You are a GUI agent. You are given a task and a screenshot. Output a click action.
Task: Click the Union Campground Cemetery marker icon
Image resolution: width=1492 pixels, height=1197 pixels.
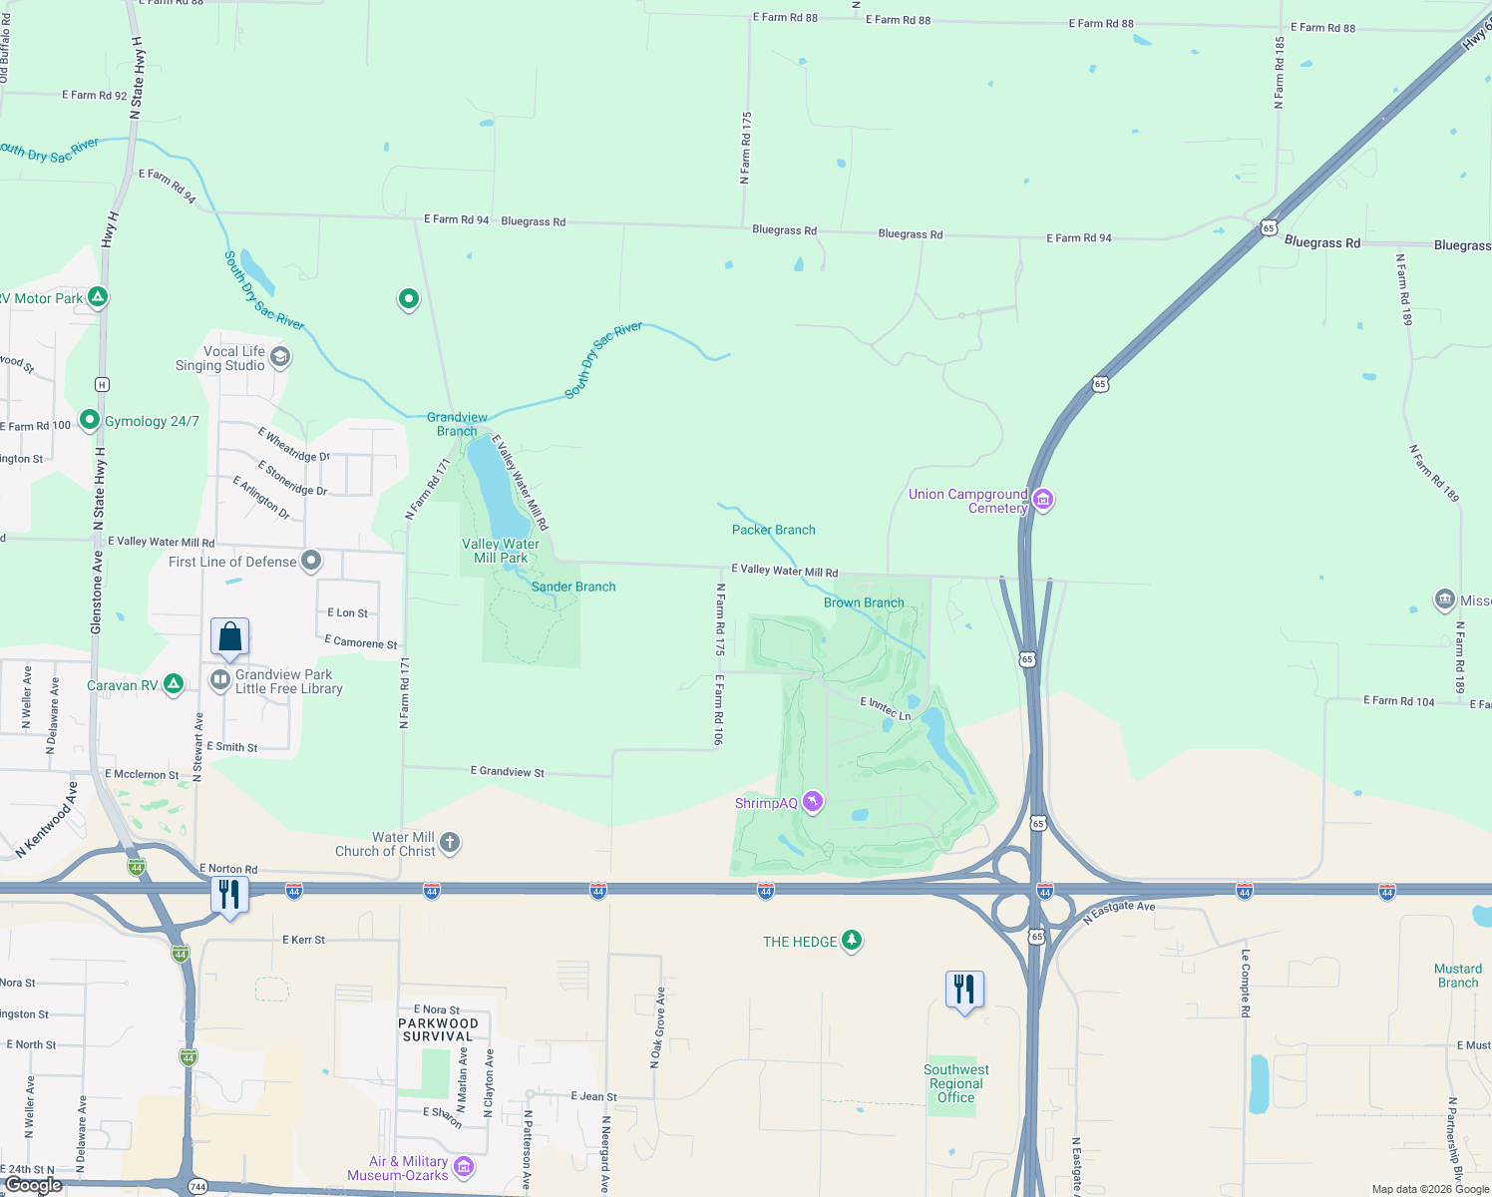point(1043,499)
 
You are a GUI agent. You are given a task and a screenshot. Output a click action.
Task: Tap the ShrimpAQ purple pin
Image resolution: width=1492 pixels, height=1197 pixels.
point(813,802)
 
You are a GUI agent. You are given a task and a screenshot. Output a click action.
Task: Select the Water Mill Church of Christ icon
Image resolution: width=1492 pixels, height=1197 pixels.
point(450,843)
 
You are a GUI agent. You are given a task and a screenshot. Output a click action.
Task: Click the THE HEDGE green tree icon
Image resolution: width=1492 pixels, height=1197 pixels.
point(851,940)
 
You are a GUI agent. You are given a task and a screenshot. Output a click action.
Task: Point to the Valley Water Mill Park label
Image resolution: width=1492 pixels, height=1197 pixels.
point(501,551)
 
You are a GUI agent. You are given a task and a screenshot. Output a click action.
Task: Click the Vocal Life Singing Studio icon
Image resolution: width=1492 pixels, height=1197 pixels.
point(280,357)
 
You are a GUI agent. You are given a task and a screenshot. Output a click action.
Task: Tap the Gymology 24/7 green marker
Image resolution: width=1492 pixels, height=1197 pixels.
point(90,420)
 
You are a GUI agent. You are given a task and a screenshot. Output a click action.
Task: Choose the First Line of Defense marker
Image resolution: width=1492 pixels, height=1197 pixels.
point(311,561)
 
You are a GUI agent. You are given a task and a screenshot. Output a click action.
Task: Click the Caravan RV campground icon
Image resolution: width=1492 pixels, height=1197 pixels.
point(174,684)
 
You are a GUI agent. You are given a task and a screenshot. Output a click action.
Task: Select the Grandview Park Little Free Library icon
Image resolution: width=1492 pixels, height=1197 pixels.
point(219,680)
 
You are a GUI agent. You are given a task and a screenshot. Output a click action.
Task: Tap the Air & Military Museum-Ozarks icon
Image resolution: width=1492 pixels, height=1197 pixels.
point(463,1167)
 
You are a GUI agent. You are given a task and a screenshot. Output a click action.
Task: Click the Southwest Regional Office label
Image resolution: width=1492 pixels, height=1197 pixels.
point(955,1083)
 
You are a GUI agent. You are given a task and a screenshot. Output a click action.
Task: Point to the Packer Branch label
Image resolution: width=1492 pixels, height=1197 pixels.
point(773,530)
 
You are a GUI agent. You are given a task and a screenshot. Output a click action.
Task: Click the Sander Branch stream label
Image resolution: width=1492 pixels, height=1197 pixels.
point(573,587)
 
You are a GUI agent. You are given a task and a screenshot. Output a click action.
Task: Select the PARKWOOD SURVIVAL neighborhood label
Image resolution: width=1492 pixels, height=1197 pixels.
point(438,1029)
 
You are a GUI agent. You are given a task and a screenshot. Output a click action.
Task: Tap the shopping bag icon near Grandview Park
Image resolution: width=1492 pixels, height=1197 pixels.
point(229,636)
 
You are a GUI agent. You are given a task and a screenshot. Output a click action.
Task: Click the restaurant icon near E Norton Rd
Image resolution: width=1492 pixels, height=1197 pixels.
point(229,895)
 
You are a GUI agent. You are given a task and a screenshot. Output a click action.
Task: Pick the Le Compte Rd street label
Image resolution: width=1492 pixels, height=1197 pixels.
point(1246,983)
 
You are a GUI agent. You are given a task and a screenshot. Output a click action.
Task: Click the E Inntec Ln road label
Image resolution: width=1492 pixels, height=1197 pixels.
point(886,708)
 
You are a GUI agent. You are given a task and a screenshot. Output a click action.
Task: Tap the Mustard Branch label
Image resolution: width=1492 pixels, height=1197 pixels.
point(1457,976)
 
